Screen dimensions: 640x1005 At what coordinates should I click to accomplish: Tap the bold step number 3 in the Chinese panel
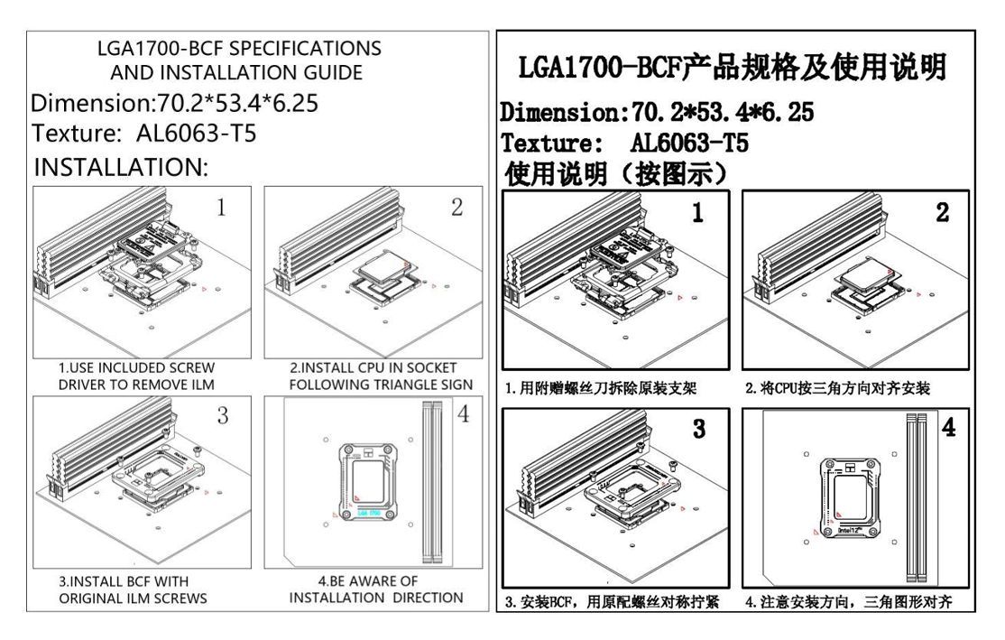700,430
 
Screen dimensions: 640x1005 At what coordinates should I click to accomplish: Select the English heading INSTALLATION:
121,167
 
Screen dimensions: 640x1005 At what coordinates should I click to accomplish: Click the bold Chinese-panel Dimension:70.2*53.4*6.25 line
657,114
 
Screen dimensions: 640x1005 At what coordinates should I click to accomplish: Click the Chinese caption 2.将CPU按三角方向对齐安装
838,387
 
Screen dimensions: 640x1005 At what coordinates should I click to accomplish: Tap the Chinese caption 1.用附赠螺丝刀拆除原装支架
602,387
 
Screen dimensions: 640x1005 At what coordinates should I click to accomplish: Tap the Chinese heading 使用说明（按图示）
617,172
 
